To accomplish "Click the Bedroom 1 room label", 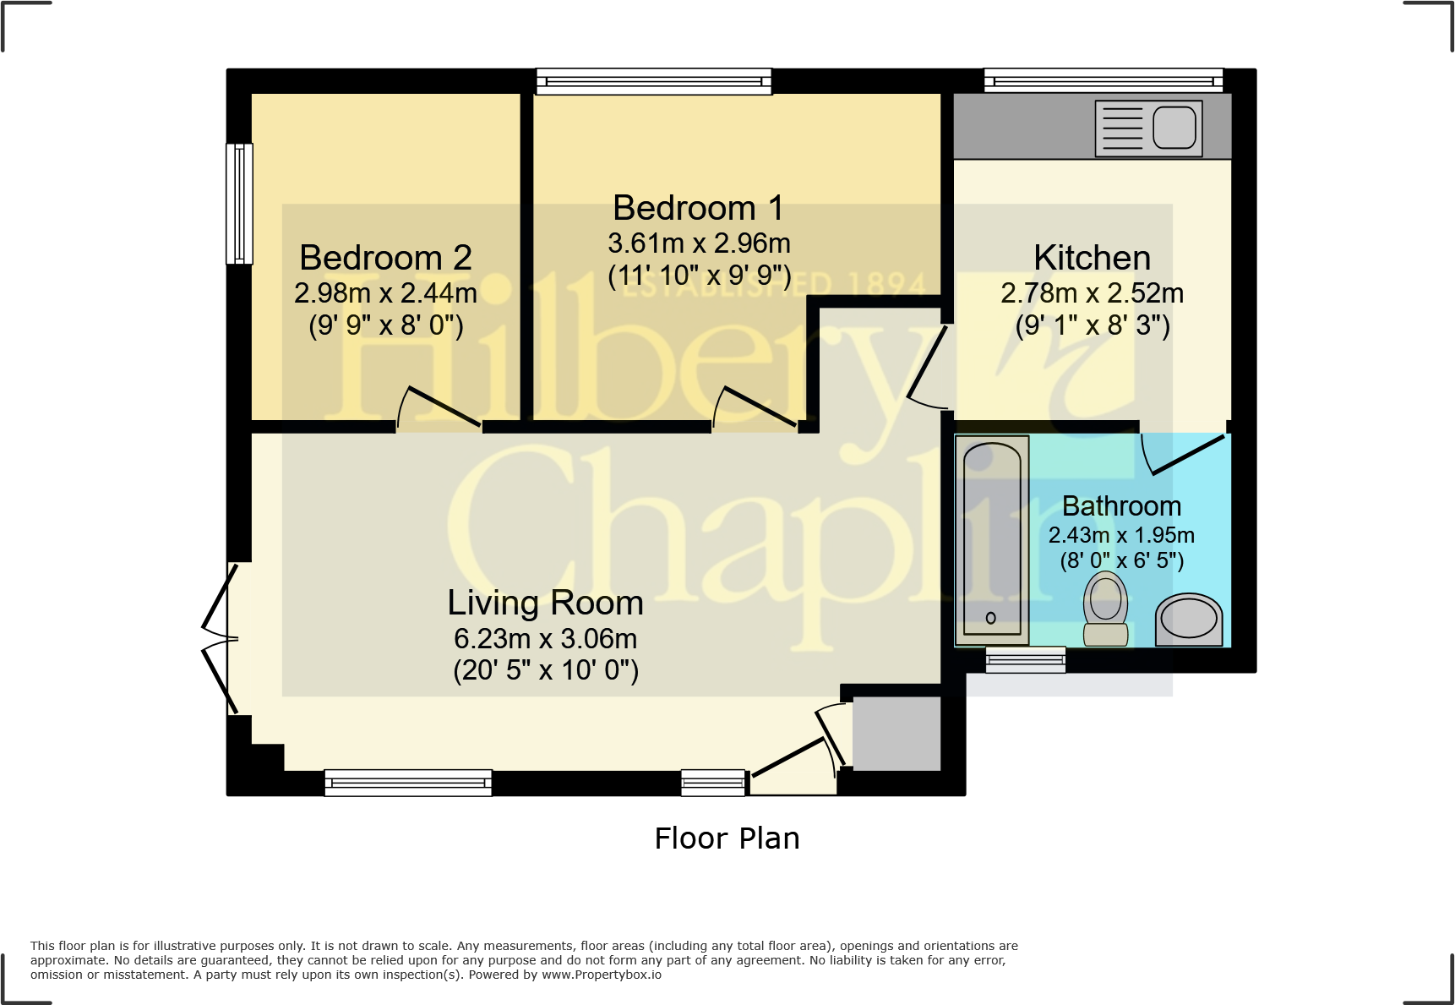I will (x=698, y=208).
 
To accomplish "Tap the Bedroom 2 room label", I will (x=385, y=258).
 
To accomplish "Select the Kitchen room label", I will (x=1092, y=258).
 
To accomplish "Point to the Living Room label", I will (x=545, y=603).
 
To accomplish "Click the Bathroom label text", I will (x=1121, y=505).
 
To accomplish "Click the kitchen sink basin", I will (x=1174, y=128).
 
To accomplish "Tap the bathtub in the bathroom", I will (x=992, y=539).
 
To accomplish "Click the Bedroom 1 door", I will (x=756, y=407).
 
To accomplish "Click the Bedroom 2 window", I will (x=239, y=204).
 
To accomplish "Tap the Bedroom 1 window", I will (x=653, y=81).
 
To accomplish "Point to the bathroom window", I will (x=1025, y=659).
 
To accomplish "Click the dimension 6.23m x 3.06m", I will (x=545, y=639).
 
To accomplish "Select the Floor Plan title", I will (x=727, y=838).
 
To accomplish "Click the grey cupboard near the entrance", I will (x=896, y=733).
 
